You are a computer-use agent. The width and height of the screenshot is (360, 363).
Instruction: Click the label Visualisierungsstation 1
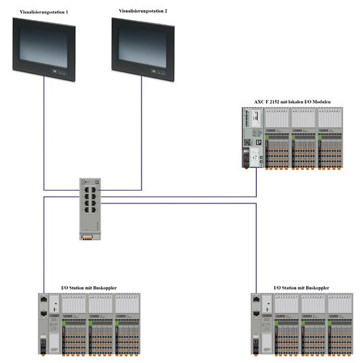[x=44, y=11]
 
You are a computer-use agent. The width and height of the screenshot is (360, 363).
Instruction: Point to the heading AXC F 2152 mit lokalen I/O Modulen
[x=292, y=101]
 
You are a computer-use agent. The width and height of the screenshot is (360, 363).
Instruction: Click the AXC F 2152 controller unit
[x=251, y=138]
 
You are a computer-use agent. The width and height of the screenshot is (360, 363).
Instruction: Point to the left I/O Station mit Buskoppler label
[x=89, y=288]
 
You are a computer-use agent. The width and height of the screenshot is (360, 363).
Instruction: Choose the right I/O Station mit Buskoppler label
[x=301, y=288]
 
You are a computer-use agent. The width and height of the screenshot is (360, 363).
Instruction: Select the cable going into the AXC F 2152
[x=257, y=182]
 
